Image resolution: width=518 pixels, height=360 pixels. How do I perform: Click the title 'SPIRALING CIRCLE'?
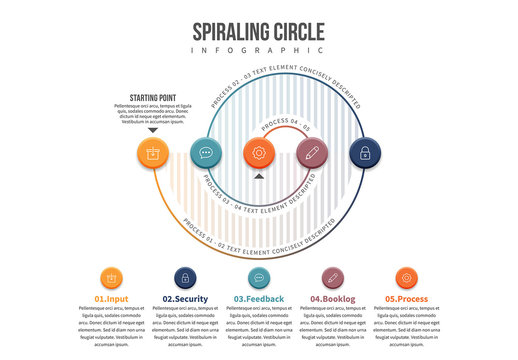click(x=258, y=30)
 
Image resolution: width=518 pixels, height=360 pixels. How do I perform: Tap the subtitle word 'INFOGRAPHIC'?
click(x=258, y=50)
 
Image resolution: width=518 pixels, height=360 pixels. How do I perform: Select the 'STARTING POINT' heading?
click(x=153, y=98)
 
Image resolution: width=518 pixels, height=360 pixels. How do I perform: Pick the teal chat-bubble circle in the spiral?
click(x=206, y=153)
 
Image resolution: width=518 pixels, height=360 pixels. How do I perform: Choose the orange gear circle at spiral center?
click(x=259, y=153)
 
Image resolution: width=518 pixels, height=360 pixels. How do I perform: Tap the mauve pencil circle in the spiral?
click(x=312, y=153)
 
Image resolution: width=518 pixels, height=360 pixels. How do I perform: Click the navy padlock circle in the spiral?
click(x=365, y=153)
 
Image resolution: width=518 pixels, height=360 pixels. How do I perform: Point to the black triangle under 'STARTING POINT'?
click(x=153, y=130)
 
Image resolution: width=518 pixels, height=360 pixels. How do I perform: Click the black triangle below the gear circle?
click(x=259, y=177)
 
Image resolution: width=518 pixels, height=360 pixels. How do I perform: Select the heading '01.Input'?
click(x=111, y=299)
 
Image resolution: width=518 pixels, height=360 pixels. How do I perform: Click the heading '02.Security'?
click(x=184, y=299)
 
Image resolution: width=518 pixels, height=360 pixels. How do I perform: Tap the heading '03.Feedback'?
click(x=258, y=299)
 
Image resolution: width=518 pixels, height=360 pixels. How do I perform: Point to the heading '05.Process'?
click(x=405, y=299)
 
